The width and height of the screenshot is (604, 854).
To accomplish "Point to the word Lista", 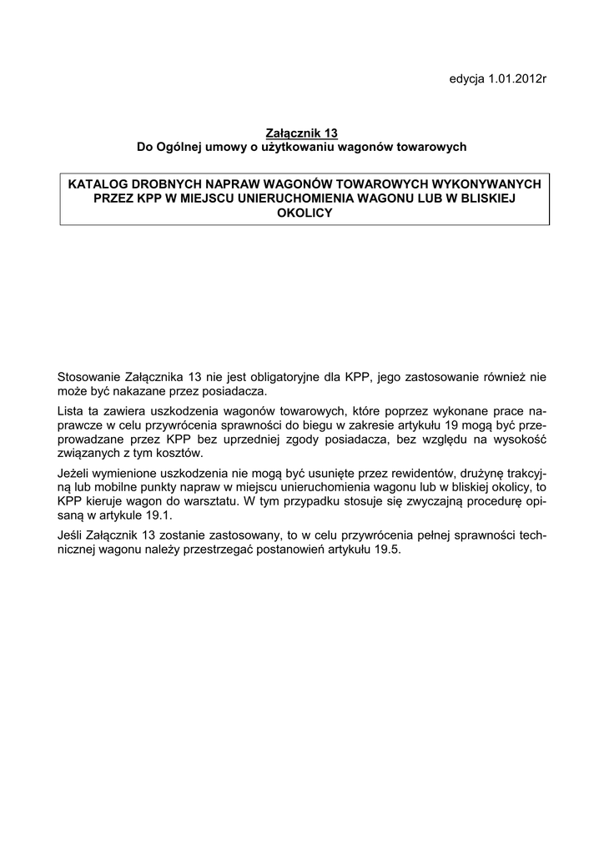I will click(x=73, y=410).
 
